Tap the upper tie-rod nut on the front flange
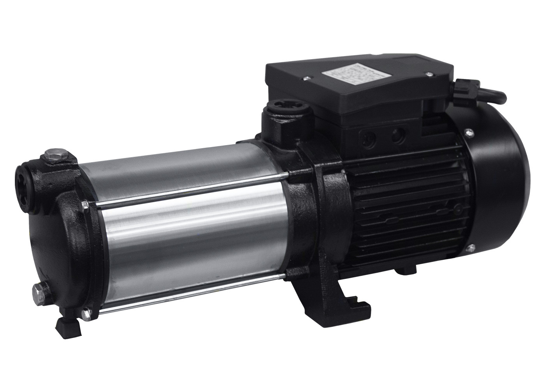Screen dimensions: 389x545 point(85,205)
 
